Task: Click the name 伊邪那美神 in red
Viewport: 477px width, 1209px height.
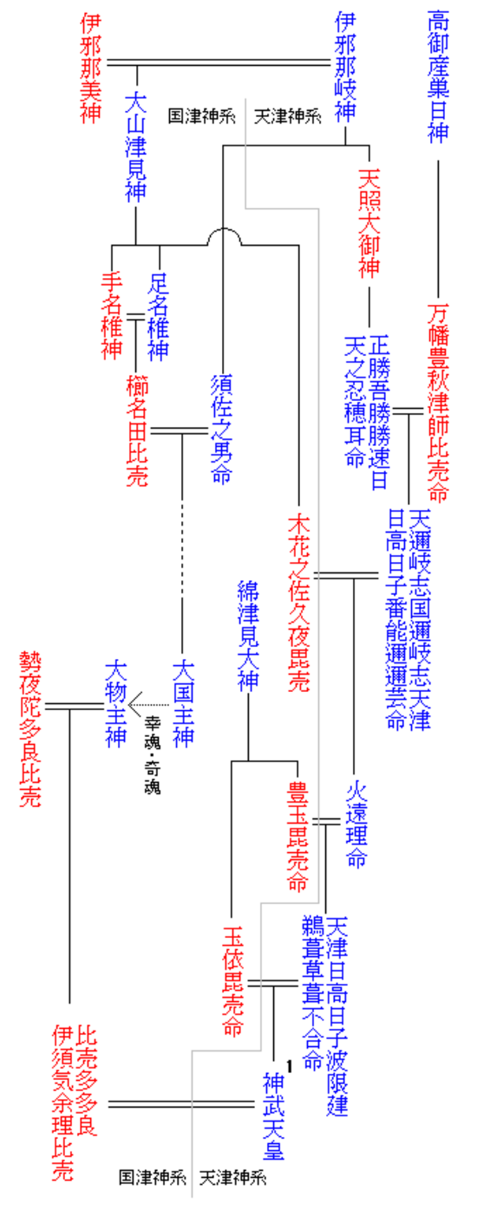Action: coord(91,68)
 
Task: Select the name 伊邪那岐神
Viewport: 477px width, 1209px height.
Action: coord(345,67)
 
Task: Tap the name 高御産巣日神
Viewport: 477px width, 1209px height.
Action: coord(437,76)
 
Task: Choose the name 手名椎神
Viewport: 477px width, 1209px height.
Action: coord(112,316)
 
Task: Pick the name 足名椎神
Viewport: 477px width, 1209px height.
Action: coord(159,316)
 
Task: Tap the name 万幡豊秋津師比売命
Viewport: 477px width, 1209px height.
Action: coord(438,401)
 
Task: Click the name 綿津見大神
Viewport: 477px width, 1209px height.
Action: coord(248,635)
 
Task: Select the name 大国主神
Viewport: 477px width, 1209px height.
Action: coord(183,703)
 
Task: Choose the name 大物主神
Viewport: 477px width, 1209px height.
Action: coord(116,703)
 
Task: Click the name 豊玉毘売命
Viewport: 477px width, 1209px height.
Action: coord(298,835)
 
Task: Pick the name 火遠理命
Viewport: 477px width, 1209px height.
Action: coord(356,824)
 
